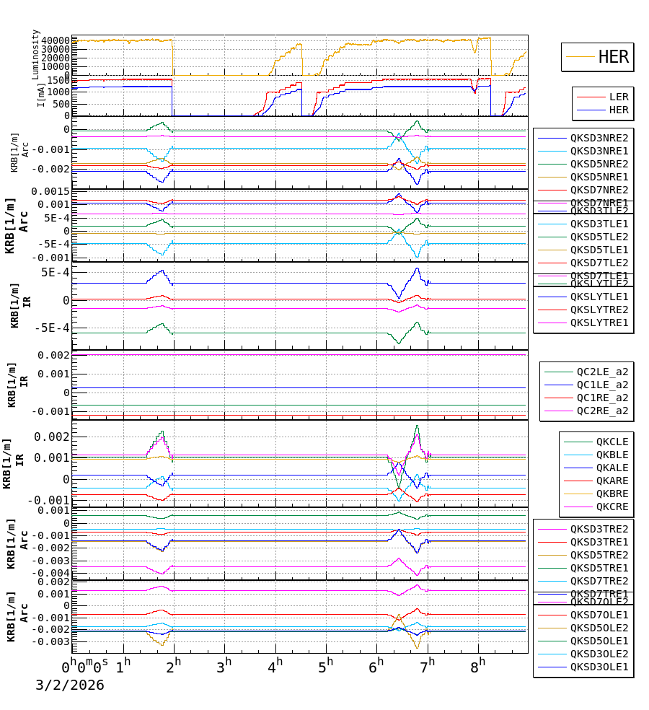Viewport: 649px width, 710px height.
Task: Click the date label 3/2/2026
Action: (x=70, y=685)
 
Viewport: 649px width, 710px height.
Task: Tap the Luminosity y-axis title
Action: (x=36, y=54)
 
